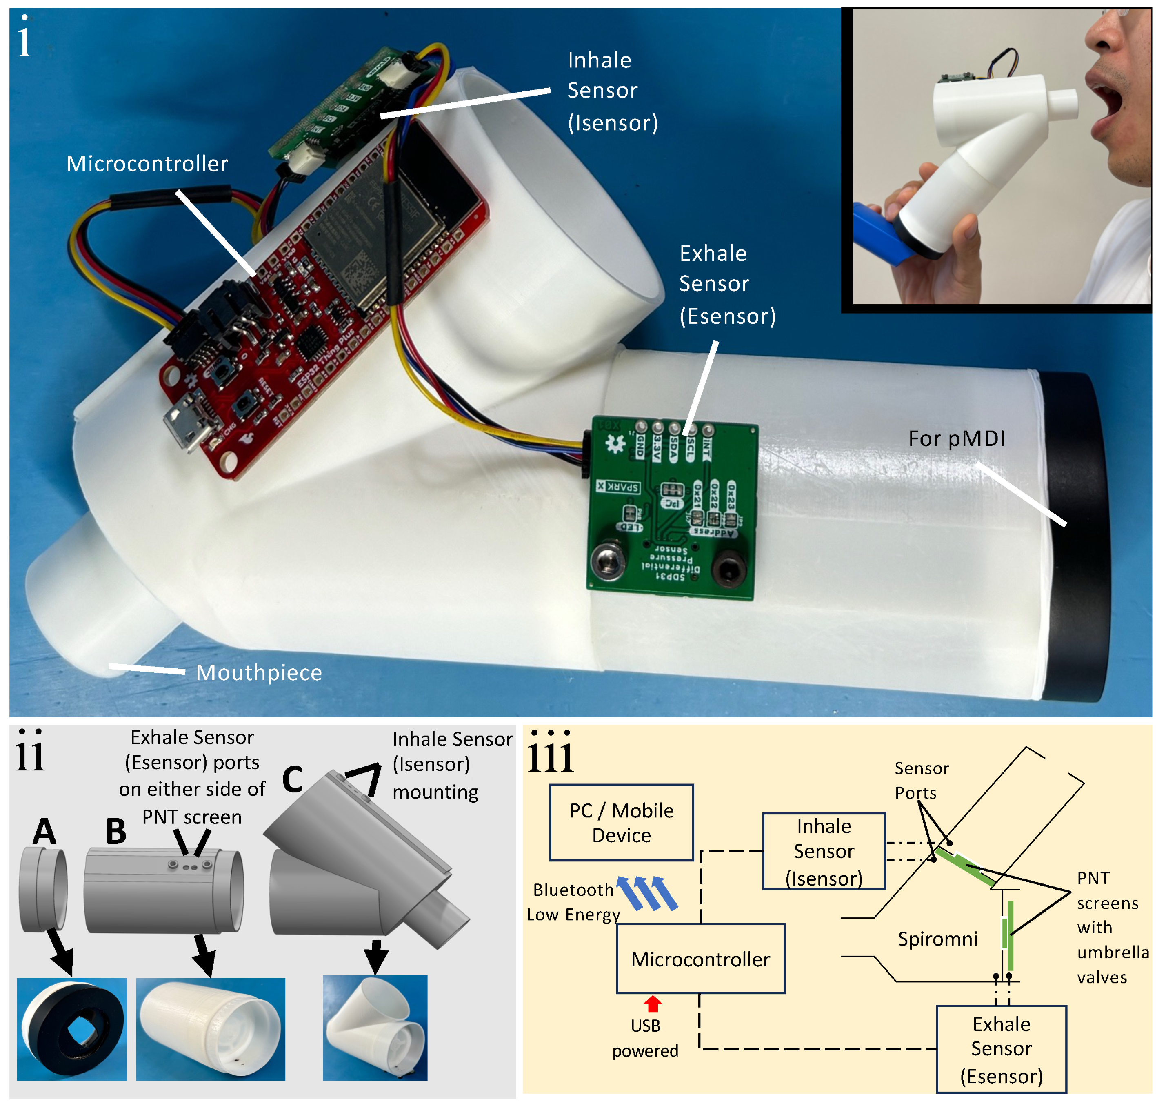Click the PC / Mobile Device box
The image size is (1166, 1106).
coord(621,822)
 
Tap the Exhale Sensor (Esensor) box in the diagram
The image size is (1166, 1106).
coord(1001,1049)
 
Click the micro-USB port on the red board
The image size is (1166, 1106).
coord(187,427)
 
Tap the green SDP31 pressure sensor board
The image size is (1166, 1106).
coord(672,513)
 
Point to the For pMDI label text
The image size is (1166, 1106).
coord(956,438)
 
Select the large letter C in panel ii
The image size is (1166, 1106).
coord(293,779)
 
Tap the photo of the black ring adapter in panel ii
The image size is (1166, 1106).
coord(71,1029)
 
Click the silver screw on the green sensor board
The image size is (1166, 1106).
coord(606,559)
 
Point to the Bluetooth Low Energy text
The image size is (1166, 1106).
coord(573,902)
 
